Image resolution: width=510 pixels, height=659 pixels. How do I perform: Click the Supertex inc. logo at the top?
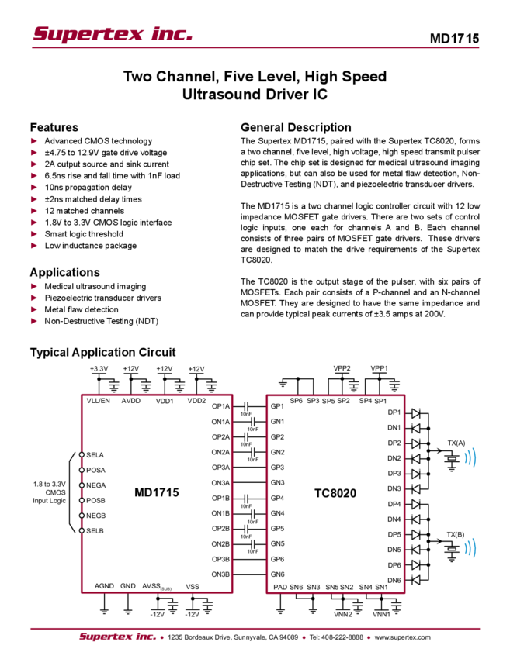point(113,34)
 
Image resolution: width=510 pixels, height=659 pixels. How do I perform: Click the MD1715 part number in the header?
point(454,39)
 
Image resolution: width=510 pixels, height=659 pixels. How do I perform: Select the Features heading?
point(54,127)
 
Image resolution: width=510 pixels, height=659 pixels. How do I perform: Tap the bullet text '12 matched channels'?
point(84,211)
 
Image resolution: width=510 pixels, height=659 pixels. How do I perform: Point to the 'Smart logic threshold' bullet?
point(84,233)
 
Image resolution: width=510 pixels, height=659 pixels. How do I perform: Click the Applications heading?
point(64,272)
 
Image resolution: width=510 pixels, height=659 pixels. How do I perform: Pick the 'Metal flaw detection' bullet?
point(82,309)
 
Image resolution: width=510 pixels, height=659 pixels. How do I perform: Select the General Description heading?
point(296,127)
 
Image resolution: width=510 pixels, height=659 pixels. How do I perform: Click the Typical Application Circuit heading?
point(102,352)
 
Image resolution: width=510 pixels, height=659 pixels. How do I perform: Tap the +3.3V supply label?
point(99,368)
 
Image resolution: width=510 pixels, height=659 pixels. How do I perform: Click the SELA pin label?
point(95,455)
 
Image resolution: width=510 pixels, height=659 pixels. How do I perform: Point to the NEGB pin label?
point(96,516)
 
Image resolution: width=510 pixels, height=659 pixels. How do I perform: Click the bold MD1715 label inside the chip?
point(157,492)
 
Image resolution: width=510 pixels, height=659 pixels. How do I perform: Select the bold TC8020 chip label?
point(335,493)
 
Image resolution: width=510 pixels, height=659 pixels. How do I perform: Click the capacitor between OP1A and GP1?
point(248,406)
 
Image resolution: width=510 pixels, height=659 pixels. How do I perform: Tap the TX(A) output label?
point(456,443)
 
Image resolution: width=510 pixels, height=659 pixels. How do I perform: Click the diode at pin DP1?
point(416,413)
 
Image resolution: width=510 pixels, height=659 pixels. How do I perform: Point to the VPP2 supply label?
point(342,368)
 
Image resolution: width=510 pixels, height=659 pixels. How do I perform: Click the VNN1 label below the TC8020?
point(381,615)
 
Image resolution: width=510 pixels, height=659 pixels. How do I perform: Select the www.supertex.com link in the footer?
point(402,637)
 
